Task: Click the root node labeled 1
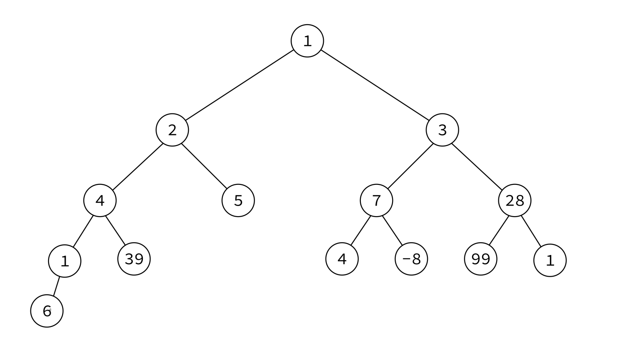click(307, 41)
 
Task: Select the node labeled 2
click(172, 130)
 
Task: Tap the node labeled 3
click(442, 130)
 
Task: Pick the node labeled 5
click(238, 201)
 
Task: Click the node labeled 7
click(377, 201)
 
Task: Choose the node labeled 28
click(515, 201)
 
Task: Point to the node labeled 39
click(134, 259)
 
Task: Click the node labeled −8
click(412, 259)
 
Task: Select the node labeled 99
click(481, 259)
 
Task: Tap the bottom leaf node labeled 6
click(47, 311)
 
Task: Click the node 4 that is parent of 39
click(100, 201)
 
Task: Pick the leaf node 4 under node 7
click(342, 259)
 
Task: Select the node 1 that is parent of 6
click(64, 261)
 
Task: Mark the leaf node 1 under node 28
click(550, 260)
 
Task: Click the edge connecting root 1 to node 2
click(240, 85)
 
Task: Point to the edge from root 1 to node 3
click(375, 85)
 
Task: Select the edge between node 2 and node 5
click(205, 166)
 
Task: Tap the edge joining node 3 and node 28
click(477, 167)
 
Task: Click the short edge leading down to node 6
click(56, 286)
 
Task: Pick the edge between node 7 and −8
click(393, 231)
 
